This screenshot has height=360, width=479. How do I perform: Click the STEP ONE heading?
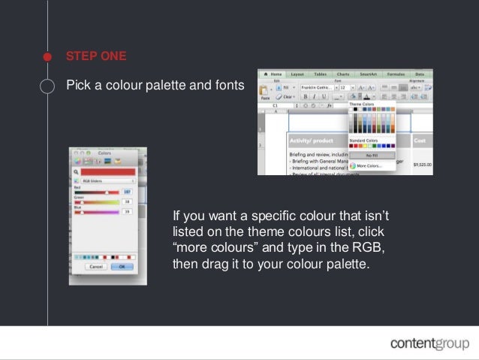96,56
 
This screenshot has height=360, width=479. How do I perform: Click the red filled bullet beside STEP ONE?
48,56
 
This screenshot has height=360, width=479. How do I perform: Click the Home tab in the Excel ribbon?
274,74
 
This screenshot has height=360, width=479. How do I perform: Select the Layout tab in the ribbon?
297,74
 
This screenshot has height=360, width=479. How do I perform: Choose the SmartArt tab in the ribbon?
369,74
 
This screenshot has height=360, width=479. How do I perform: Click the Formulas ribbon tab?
396,74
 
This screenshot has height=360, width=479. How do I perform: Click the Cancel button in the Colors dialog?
96,266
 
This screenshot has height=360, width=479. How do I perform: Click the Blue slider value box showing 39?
127,212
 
